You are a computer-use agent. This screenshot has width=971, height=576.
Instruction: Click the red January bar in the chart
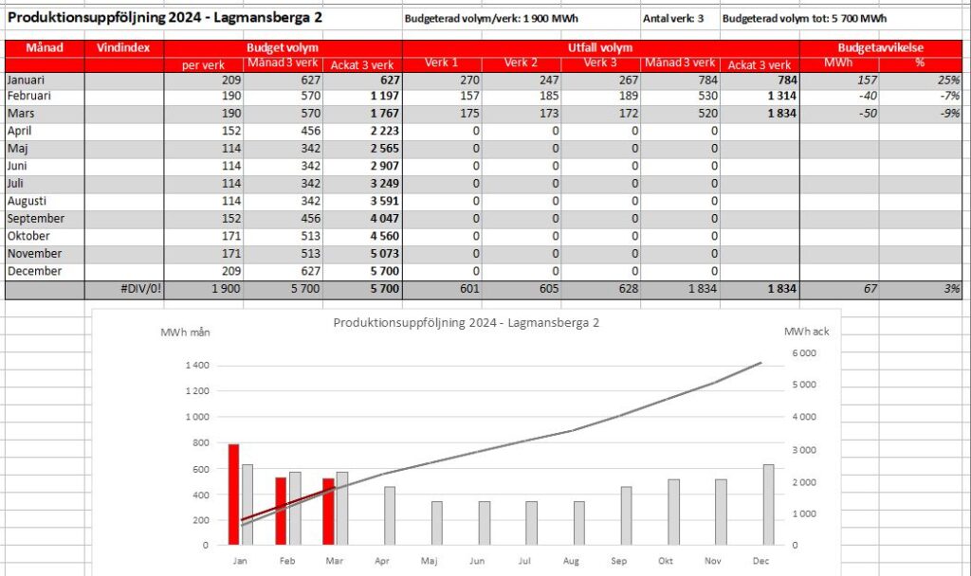click(x=233, y=495)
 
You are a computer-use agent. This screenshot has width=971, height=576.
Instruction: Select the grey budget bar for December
click(x=768, y=505)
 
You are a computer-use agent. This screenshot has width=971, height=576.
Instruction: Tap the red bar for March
click(x=328, y=512)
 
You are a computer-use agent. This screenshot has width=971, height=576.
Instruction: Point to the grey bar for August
click(x=579, y=523)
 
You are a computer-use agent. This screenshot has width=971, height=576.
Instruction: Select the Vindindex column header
click(x=124, y=47)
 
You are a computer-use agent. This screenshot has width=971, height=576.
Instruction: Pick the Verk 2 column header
click(x=521, y=63)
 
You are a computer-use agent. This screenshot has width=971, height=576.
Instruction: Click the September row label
click(x=36, y=219)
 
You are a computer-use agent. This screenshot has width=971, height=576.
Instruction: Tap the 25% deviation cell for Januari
click(x=948, y=80)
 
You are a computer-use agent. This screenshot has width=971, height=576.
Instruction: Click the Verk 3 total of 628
click(x=628, y=288)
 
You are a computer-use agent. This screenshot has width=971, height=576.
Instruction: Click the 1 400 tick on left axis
click(x=197, y=365)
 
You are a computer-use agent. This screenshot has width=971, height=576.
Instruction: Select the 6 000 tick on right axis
click(x=804, y=352)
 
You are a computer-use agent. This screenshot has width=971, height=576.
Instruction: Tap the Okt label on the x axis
click(x=666, y=561)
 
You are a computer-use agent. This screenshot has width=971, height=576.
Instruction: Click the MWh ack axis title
click(x=806, y=332)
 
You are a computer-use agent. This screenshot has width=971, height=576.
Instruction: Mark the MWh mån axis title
click(x=185, y=333)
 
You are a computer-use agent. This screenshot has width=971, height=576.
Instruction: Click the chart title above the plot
click(x=467, y=322)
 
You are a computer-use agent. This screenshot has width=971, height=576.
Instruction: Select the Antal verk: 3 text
click(x=673, y=19)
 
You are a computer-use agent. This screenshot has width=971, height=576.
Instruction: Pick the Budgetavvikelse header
click(x=881, y=47)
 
